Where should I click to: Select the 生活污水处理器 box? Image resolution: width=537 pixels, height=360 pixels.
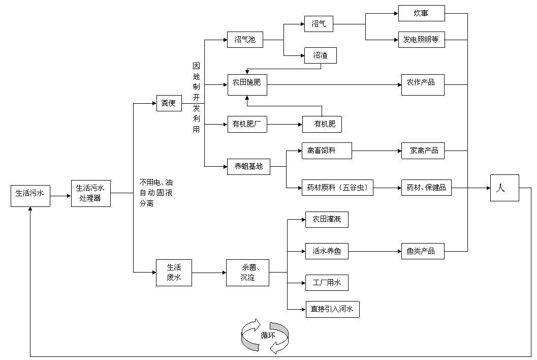click(x=90, y=193)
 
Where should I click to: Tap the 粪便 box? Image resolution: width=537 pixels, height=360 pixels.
click(x=169, y=103)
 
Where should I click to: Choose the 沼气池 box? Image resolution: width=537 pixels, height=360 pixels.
click(x=245, y=39)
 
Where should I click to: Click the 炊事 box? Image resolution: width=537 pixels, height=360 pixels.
click(x=422, y=13)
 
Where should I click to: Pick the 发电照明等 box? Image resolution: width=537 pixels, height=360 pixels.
click(x=422, y=39)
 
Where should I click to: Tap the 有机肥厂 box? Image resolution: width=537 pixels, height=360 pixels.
click(x=247, y=124)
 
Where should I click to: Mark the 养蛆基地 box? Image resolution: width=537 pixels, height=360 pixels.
click(x=248, y=166)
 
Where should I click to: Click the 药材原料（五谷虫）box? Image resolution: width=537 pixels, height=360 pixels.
click(x=337, y=188)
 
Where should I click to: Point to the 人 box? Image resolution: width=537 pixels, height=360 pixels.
click(x=504, y=188)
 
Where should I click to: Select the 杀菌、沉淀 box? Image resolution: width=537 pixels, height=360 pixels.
click(x=247, y=273)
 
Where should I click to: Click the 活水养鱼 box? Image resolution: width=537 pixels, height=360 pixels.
click(x=327, y=251)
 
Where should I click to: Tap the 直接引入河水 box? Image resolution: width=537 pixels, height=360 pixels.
click(x=332, y=309)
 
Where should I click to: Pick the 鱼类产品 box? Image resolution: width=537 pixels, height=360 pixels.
click(x=422, y=251)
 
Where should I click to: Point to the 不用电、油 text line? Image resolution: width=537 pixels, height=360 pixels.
click(x=156, y=182)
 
